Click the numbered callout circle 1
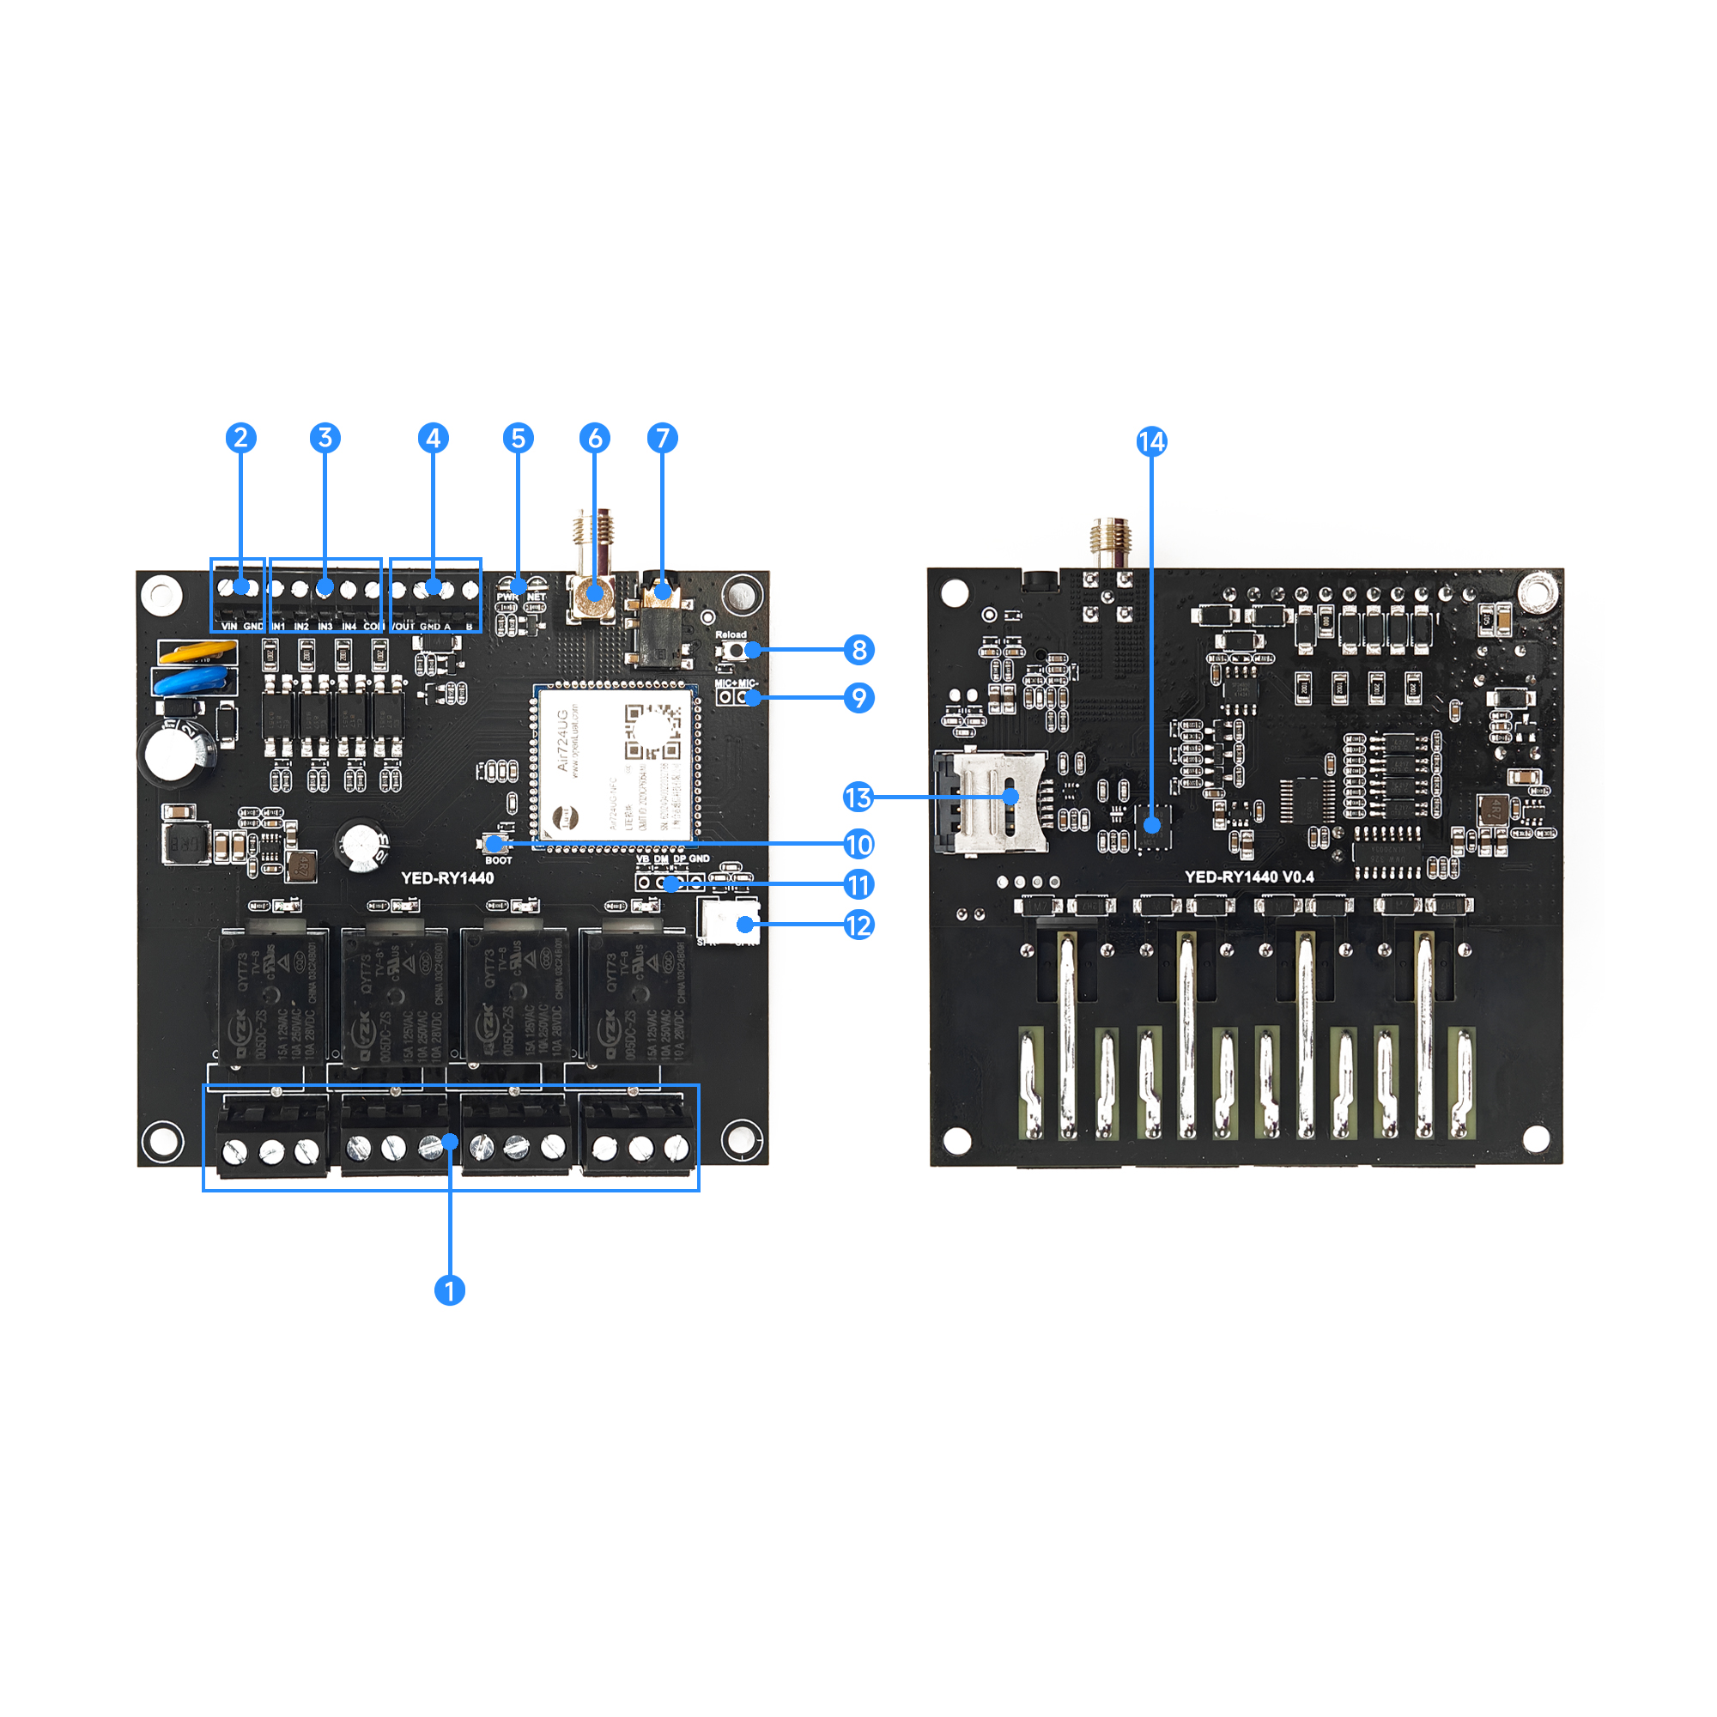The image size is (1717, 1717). [449, 1289]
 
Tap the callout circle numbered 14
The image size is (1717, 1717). [1151, 441]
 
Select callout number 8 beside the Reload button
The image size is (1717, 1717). [858, 650]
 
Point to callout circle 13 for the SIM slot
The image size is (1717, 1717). [858, 798]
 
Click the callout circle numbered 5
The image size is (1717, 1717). [519, 438]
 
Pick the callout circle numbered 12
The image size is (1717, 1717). [858, 925]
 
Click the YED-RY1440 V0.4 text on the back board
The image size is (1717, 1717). [1248, 877]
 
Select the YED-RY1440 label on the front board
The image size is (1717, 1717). [447, 878]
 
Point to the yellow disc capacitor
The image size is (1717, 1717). [197, 653]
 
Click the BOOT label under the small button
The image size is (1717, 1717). [499, 860]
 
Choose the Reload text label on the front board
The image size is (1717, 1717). [731, 634]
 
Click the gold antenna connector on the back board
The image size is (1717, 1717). [1110, 541]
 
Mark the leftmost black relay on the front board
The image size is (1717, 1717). [273, 995]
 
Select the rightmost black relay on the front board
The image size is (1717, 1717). [634, 995]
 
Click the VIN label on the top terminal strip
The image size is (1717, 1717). [229, 627]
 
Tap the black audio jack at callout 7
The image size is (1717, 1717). [659, 627]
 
